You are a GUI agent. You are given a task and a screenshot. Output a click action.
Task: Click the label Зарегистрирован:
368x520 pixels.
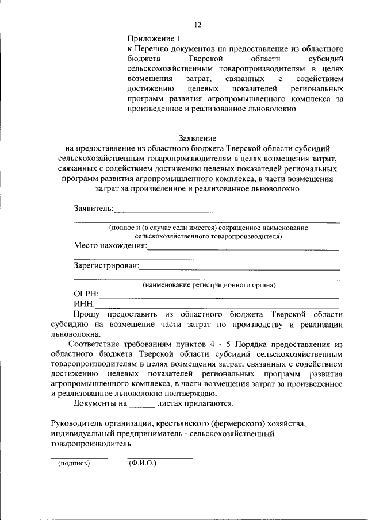106,265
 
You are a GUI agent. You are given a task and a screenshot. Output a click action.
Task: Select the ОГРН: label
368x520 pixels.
86,294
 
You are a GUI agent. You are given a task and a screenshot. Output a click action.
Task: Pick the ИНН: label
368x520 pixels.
84,304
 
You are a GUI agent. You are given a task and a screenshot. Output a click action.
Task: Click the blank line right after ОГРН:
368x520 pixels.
218,296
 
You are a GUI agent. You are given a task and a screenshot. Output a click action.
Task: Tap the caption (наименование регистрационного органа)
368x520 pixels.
209,284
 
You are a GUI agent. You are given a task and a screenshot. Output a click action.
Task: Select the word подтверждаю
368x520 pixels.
191,394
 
